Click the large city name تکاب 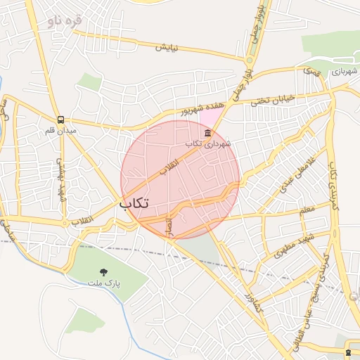(x=134, y=202)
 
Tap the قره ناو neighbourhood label (x=65, y=20)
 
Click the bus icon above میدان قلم (x=61, y=120)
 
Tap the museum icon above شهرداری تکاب (x=207, y=133)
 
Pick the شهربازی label (x=345, y=71)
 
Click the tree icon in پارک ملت (x=104, y=271)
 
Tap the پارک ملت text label (x=104, y=283)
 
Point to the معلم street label (x=307, y=210)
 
